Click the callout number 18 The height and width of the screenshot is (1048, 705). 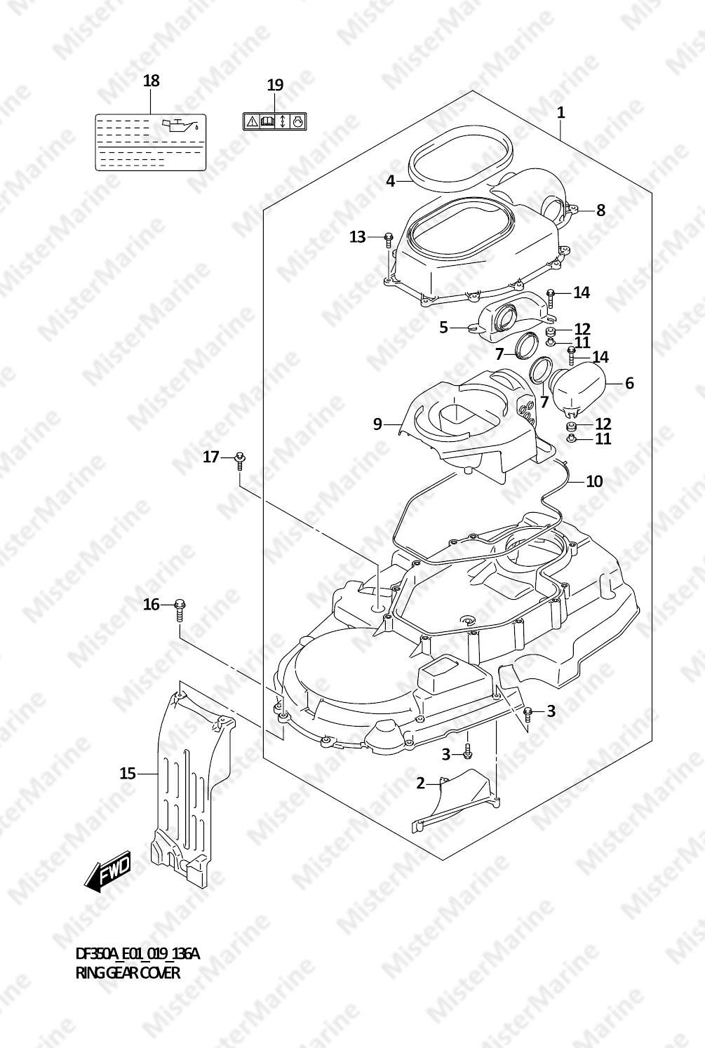click(151, 81)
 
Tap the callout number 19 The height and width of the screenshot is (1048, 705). click(275, 85)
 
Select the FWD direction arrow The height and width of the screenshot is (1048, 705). click(107, 872)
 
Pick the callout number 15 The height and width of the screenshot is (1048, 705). click(128, 773)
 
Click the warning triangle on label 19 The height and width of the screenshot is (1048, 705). click(252, 121)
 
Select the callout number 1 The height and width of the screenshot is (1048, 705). click(560, 112)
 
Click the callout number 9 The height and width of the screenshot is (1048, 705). click(377, 424)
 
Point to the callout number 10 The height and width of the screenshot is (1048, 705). click(594, 481)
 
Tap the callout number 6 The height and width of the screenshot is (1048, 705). click(629, 383)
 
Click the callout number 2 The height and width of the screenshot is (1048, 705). click(421, 783)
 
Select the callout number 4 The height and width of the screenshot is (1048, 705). click(391, 181)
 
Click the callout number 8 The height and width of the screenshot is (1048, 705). click(600, 210)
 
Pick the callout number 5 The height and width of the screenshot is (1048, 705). click(443, 328)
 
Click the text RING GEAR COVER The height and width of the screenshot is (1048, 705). click(127, 973)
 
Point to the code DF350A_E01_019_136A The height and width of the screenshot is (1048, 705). click(137, 953)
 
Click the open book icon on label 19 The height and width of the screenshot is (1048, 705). click(267, 121)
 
